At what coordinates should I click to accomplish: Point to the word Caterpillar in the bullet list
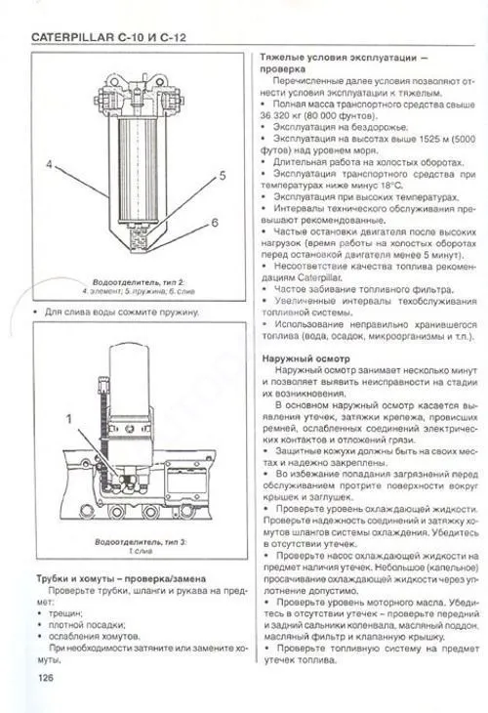303,276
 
